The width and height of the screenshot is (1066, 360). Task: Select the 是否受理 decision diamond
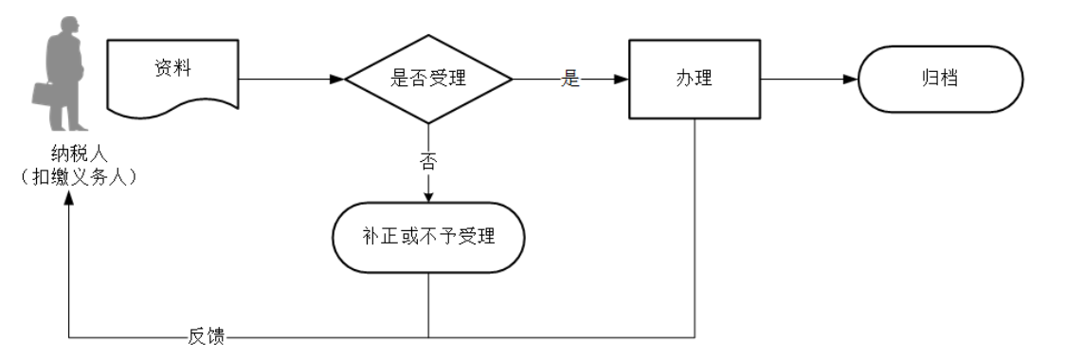coord(428,80)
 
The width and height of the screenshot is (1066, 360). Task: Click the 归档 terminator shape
coord(940,80)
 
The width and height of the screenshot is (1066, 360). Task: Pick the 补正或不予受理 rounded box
coord(428,237)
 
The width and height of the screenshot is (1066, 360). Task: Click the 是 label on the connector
coord(569,80)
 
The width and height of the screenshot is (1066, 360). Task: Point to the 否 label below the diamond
coord(428,161)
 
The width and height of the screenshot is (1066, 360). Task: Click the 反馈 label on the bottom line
coord(206,336)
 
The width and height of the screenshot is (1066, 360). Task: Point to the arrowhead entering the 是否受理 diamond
coord(336,80)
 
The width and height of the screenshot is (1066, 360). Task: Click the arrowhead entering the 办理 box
coord(622,80)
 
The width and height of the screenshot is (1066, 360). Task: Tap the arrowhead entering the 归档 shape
coord(850,80)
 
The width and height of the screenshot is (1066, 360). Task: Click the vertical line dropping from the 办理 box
coord(696,227)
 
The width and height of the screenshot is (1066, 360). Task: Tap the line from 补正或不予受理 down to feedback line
coord(428,303)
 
